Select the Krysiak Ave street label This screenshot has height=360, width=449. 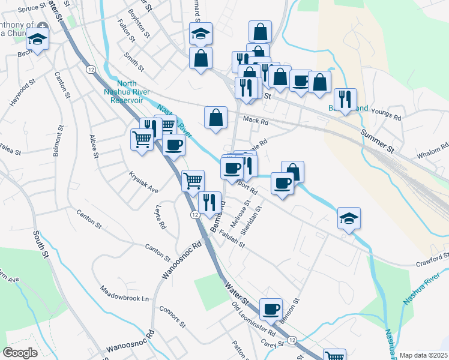tap(143, 182)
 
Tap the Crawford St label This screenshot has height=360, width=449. tap(432, 260)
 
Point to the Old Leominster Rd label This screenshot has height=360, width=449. tap(253, 318)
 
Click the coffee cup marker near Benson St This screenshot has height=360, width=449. tap(271, 308)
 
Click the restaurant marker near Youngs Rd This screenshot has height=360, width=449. tap(345, 98)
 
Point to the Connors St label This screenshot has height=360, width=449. tap(173, 316)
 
